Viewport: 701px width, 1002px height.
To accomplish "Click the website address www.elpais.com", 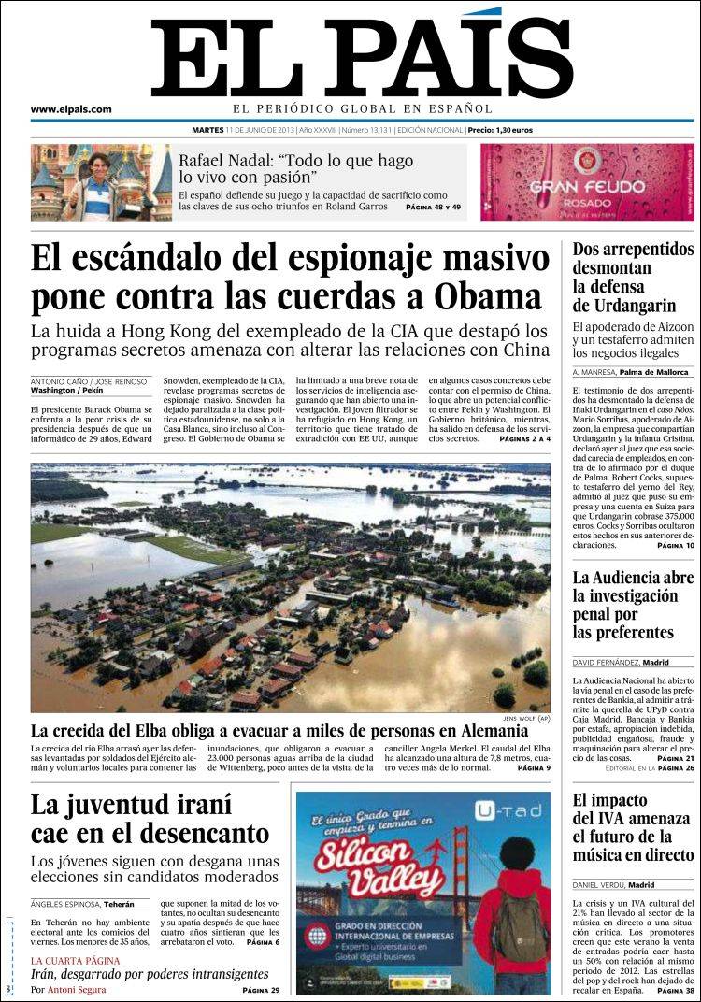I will [x=71, y=109].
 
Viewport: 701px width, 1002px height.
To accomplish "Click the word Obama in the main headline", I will [x=488, y=296].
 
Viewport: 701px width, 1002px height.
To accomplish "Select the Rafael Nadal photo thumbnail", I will [x=101, y=181].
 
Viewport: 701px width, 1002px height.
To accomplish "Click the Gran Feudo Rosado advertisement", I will [x=587, y=181].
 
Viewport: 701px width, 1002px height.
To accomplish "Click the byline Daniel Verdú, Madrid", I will [x=613, y=884].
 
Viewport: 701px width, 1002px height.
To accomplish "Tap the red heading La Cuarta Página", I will [x=75, y=961].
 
